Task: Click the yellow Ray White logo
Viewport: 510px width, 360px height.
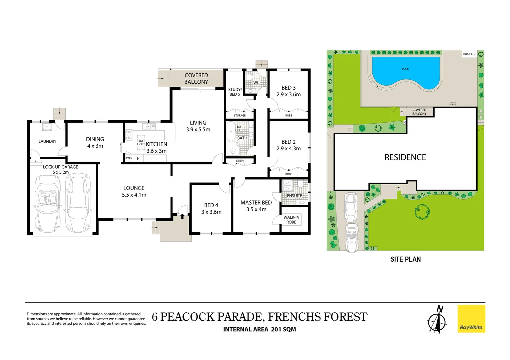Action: click(x=471, y=318)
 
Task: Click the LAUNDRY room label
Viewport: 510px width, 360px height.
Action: click(x=47, y=141)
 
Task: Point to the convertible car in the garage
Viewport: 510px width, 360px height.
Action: click(x=48, y=203)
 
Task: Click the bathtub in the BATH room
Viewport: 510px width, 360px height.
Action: click(x=231, y=131)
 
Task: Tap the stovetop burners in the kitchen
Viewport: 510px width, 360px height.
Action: click(x=129, y=135)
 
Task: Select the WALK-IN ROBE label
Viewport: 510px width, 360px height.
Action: click(x=291, y=220)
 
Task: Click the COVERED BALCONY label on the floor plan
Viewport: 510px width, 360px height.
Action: click(x=196, y=79)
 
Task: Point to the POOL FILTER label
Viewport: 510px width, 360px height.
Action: click(x=469, y=54)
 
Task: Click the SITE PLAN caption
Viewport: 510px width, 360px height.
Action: click(x=405, y=259)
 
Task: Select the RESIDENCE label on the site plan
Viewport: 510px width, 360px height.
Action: click(x=405, y=157)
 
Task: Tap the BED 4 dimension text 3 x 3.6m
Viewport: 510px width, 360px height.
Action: click(x=211, y=212)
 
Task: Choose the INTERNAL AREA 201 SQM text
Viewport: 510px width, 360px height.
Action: click(x=260, y=329)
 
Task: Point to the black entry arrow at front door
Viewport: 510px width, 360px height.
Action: click(x=182, y=216)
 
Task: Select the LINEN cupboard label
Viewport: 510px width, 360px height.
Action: click(x=239, y=161)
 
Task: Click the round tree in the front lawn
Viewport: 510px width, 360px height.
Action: click(x=422, y=212)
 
